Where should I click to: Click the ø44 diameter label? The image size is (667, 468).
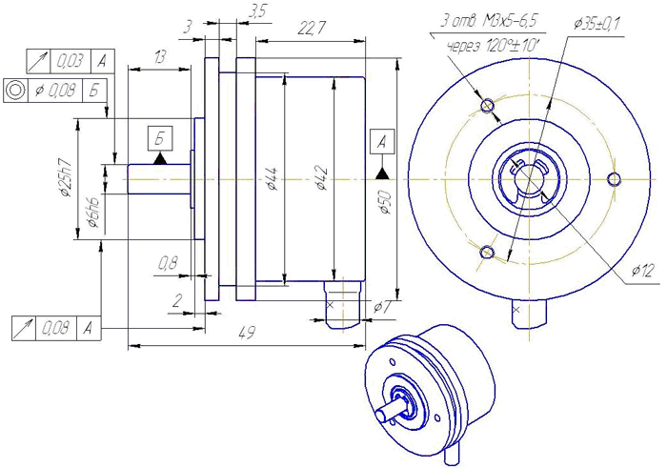coord(273,178)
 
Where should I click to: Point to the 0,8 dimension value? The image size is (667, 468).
coord(168,261)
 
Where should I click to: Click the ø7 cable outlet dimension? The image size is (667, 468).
coord(380,307)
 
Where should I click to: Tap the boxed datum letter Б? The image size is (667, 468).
coord(159,137)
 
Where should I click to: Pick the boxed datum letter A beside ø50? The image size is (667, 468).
coord(383,141)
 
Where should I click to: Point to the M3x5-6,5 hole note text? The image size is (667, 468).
coord(502,21)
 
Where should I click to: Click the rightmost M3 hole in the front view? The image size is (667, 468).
coord(613,177)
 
